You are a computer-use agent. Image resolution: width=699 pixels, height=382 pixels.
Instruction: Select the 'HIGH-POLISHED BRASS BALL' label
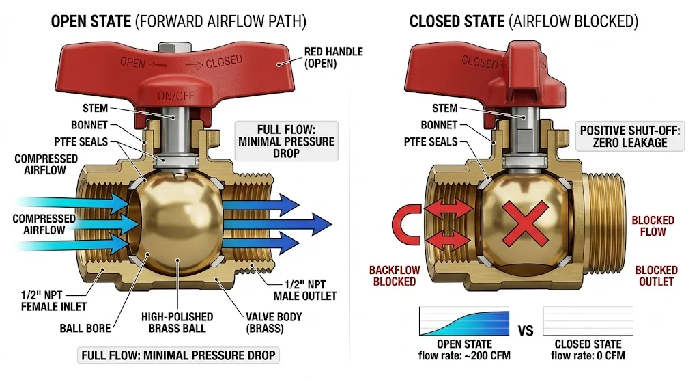(177, 323)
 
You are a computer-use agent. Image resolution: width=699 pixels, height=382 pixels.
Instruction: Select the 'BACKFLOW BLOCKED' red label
(393, 275)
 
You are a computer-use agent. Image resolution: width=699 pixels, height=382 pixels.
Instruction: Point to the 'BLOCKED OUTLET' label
(656, 275)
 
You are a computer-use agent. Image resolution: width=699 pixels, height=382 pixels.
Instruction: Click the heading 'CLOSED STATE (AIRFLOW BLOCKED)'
(524, 21)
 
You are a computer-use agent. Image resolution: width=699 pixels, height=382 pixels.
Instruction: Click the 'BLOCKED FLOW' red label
(653, 226)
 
